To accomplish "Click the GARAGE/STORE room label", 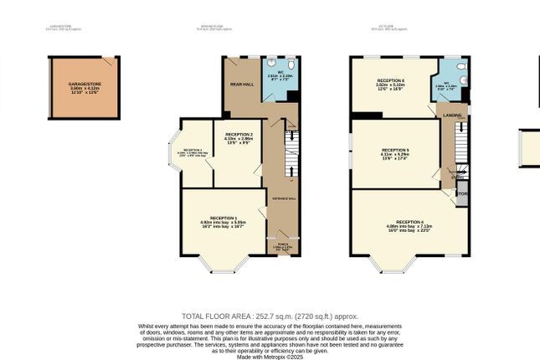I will pyautogui.click(x=84, y=85).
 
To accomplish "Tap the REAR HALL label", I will pyautogui.click(x=241, y=85).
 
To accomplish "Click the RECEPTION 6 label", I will pyautogui.click(x=389, y=80).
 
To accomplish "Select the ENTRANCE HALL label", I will pyautogui.click(x=280, y=198).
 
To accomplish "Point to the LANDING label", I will pyautogui.click(x=452, y=116).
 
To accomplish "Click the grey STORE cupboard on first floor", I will pyautogui.click(x=461, y=195).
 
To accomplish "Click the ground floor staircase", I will pyautogui.click(x=291, y=155).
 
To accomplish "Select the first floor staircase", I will pyautogui.click(x=459, y=151).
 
